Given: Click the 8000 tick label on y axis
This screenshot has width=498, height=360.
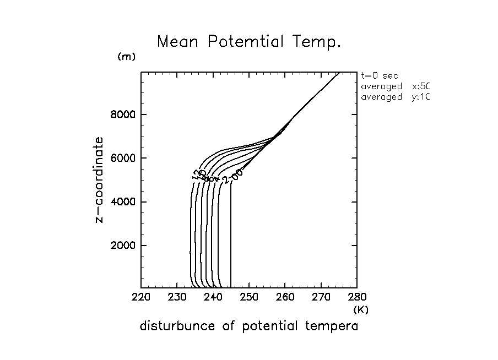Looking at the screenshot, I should [125, 114].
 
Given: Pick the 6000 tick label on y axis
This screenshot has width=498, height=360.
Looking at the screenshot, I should [125, 158].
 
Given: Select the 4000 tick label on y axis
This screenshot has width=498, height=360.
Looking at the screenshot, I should [125, 201].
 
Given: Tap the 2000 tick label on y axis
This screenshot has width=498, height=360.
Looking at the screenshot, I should [125, 245].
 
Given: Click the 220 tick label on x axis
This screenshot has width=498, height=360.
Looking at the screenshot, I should [141, 298].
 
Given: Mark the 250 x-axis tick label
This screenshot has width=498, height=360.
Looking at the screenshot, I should [249, 298].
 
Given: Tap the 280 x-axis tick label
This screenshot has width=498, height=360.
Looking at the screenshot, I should [357, 298].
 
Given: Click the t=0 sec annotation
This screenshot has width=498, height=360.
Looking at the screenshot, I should [380, 77].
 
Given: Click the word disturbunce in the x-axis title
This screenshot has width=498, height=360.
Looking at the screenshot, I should [177, 326].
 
